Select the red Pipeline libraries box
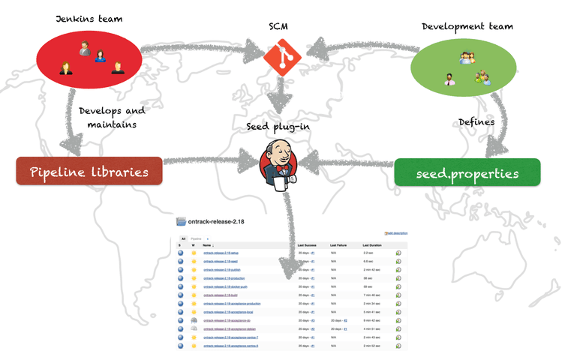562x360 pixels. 89,172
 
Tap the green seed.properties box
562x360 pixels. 467,173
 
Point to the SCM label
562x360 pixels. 281,26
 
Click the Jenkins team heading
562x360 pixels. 89,16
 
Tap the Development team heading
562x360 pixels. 467,26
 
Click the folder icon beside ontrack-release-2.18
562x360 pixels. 182,222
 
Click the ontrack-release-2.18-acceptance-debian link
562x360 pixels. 233,328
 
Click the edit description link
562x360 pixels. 397,233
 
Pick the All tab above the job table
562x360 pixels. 182,238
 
